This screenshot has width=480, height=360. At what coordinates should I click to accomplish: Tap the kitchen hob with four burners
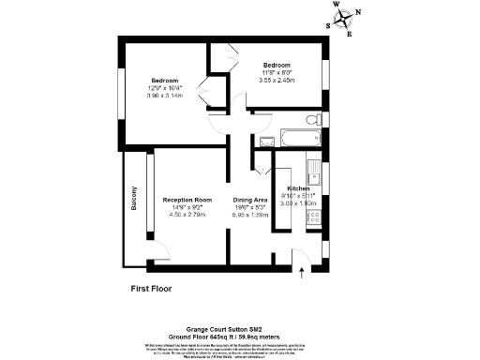316,217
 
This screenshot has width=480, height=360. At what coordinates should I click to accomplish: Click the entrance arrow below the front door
301,273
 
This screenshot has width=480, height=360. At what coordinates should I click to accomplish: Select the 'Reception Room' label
187,200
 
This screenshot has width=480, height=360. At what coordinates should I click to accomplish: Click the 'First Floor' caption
151,291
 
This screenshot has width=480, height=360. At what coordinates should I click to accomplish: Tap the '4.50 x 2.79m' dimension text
187,215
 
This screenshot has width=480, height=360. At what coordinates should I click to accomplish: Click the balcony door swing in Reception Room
159,251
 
